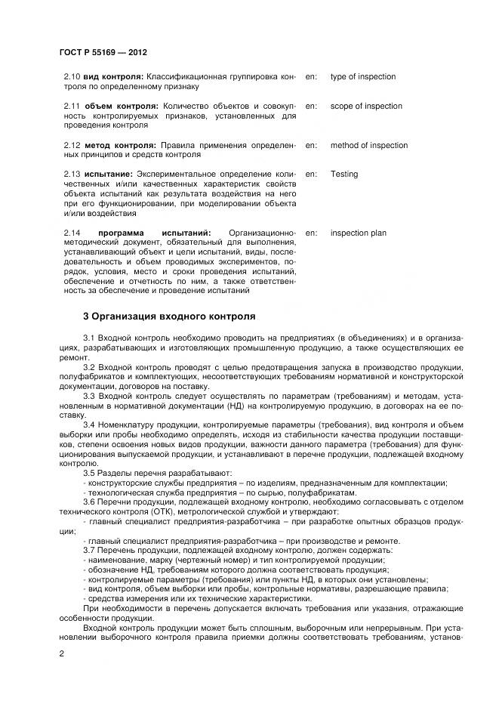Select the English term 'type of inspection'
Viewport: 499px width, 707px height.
362,77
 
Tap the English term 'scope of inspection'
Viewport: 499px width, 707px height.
366,107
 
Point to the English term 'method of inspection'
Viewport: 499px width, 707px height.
368,145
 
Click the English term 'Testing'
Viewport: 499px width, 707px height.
344,174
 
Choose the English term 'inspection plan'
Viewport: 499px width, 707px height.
358,233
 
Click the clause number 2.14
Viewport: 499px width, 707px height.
72,233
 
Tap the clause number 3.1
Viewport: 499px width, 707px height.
89,337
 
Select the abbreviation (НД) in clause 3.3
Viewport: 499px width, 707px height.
247,406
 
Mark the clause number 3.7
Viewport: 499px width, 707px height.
89,549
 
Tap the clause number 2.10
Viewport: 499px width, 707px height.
72,77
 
